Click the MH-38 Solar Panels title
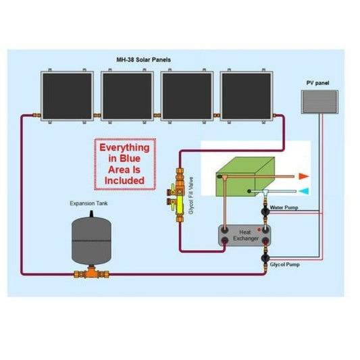[143, 60]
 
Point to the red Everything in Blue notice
[124, 163]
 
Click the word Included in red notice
[124, 180]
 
